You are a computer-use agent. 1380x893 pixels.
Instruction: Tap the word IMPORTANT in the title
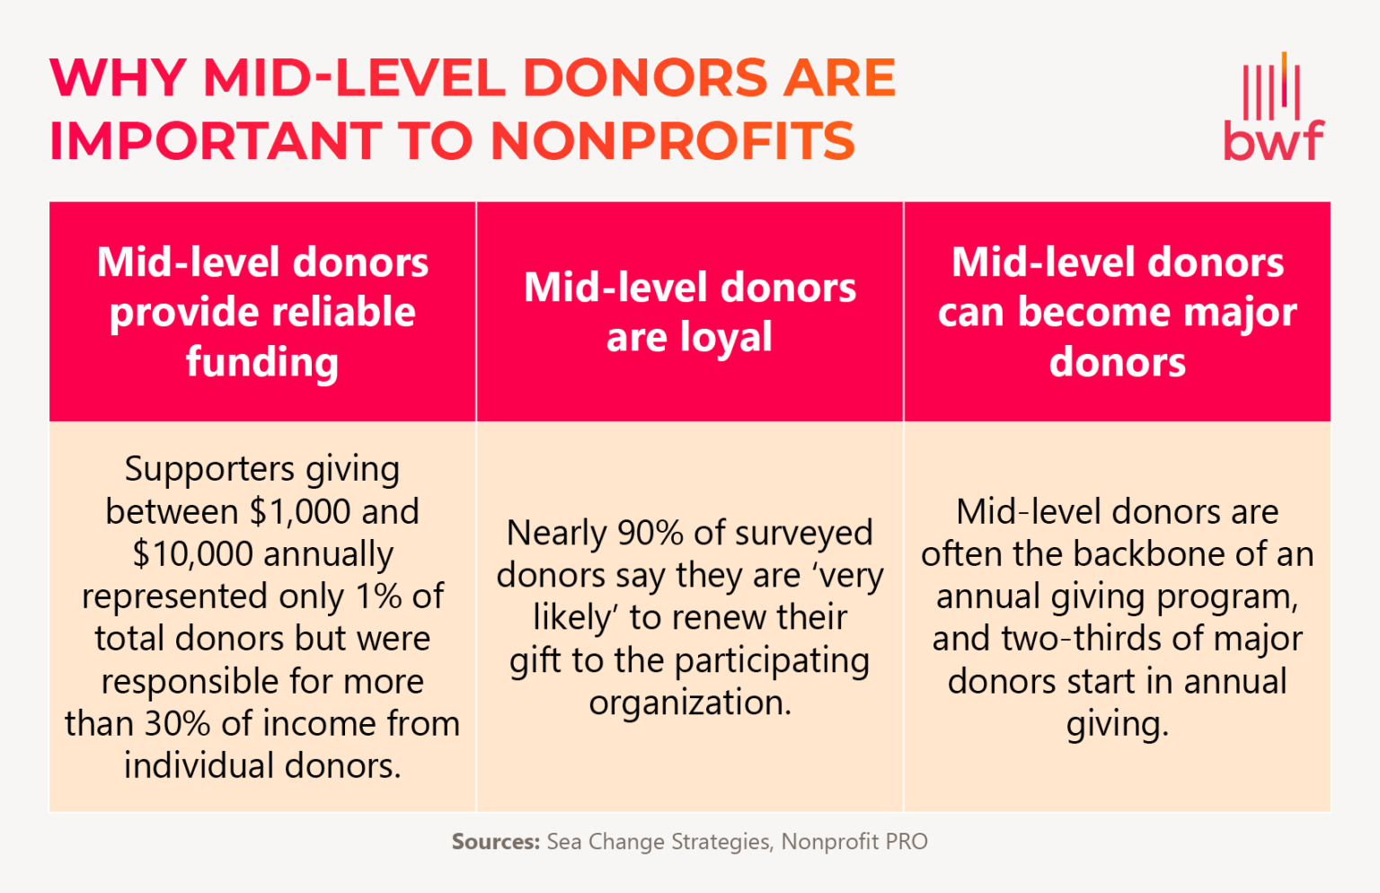coord(214,142)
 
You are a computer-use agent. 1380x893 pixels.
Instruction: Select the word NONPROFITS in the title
coord(673,142)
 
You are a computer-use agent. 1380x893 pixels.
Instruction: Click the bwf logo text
coord(1273,141)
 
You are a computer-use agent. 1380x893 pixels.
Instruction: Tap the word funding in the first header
coord(262,362)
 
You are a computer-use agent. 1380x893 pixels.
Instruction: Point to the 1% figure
coord(379,597)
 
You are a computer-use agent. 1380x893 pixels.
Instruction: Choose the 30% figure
coord(178,724)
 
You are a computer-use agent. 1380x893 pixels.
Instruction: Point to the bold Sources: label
coord(495,842)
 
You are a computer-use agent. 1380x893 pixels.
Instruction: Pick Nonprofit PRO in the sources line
coord(854,842)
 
